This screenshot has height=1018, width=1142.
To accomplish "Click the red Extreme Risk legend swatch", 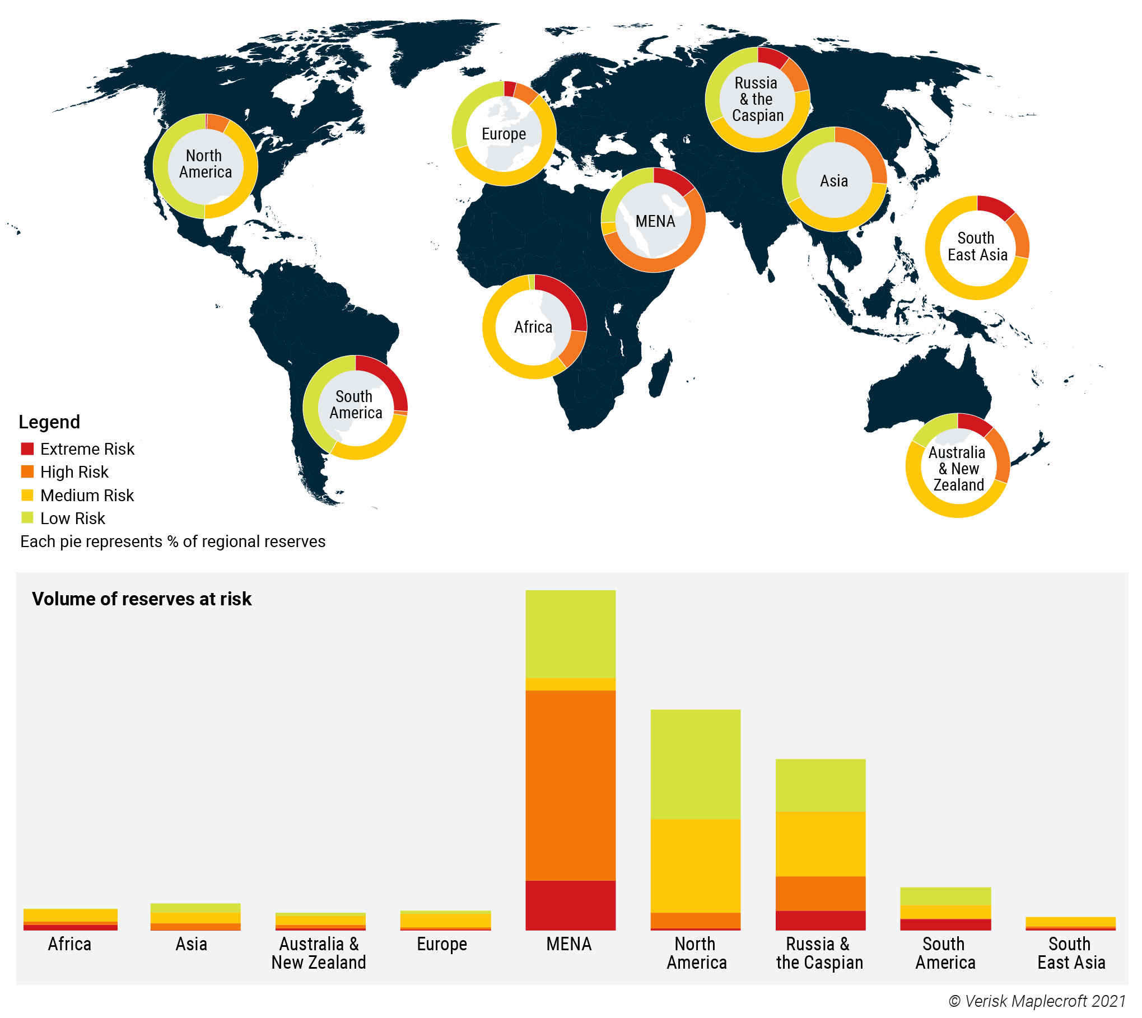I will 27,449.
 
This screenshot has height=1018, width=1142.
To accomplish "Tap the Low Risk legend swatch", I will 27,517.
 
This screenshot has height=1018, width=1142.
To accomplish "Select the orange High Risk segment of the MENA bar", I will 570,785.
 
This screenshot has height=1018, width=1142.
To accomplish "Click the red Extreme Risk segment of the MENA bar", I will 570,905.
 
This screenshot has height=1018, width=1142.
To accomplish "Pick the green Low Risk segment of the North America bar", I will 695,764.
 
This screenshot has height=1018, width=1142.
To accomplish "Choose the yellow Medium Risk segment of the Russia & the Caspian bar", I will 820,843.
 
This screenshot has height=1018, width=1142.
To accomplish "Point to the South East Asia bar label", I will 1070,953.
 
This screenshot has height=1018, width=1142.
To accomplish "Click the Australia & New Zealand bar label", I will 319,953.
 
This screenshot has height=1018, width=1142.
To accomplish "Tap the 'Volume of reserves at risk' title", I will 142,599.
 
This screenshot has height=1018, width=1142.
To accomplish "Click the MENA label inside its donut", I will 655,221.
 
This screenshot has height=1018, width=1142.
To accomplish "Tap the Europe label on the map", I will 504,134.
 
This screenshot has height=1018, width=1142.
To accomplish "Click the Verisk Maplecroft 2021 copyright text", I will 1037,1001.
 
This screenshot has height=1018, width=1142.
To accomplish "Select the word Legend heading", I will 49,422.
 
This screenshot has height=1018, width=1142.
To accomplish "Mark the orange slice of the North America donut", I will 217,123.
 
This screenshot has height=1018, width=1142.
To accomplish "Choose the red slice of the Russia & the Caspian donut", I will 772,58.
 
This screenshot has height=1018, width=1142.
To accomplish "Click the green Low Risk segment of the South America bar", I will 945,896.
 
